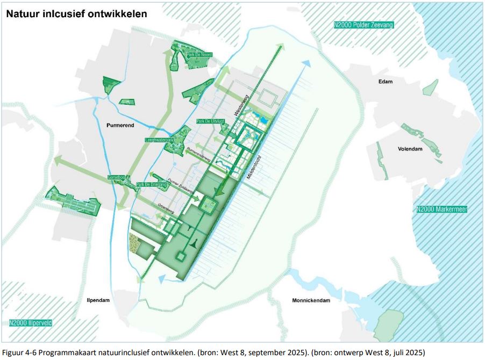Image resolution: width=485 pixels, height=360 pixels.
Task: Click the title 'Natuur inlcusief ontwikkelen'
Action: (x=76, y=14)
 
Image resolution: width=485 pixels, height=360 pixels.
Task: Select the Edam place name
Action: (x=385, y=82)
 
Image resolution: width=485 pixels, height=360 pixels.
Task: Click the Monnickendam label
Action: (x=311, y=300)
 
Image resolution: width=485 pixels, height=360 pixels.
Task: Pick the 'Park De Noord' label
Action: (x=198, y=55)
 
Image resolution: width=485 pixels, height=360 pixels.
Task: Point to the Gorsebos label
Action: (x=116, y=177)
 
